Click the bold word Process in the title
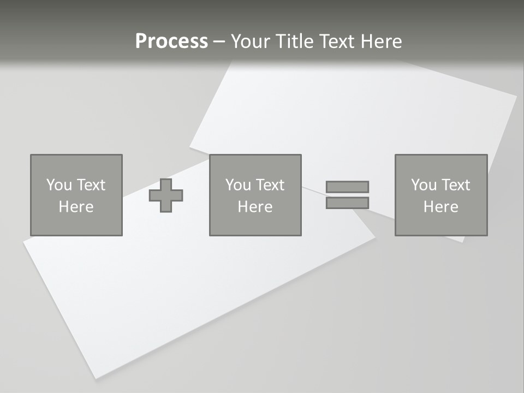[x=171, y=41]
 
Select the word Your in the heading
[x=253, y=41]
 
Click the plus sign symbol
[x=166, y=195]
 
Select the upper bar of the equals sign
[x=347, y=187]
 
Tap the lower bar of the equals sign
[x=347, y=203]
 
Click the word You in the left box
[x=59, y=185]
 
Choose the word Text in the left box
[x=91, y=185]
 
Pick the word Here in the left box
[x=76, y=207]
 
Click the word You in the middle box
[x=238, y=185]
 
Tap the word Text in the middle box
[x=270, y=185]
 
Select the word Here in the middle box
[x=255, y=207]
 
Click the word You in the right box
[x=424, y=185]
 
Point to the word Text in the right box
[x=456, y=185]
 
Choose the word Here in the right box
[x=440, y=207]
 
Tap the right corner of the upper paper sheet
[x=516, y=96]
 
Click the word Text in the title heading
[x=336, y=41]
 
